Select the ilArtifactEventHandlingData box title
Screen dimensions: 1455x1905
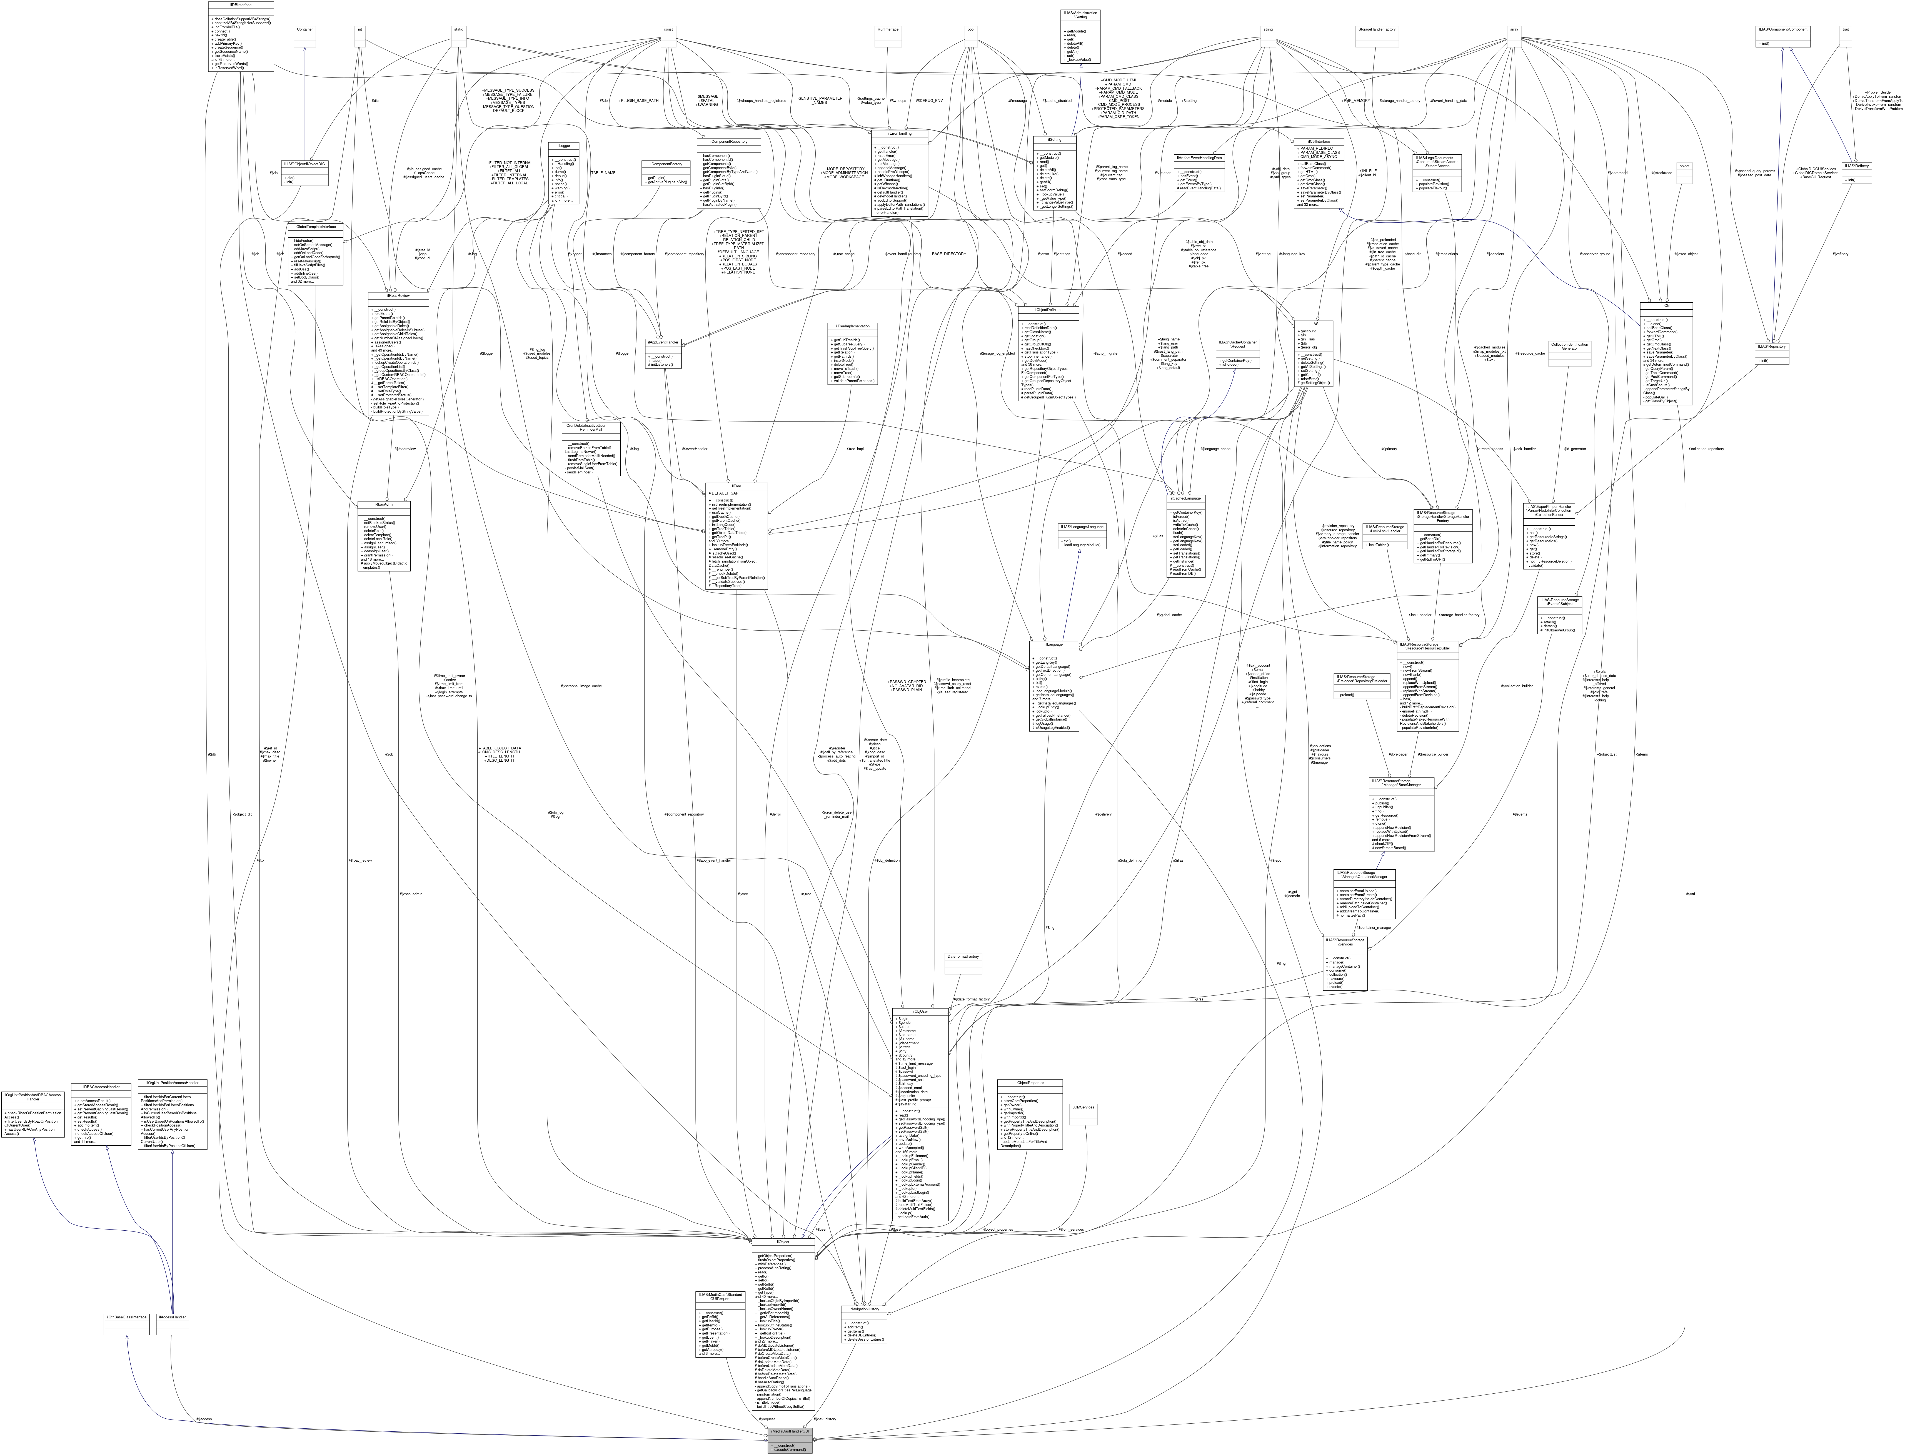[x=1199, y=158]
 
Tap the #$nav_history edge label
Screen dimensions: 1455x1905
[x=824, y=1419]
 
